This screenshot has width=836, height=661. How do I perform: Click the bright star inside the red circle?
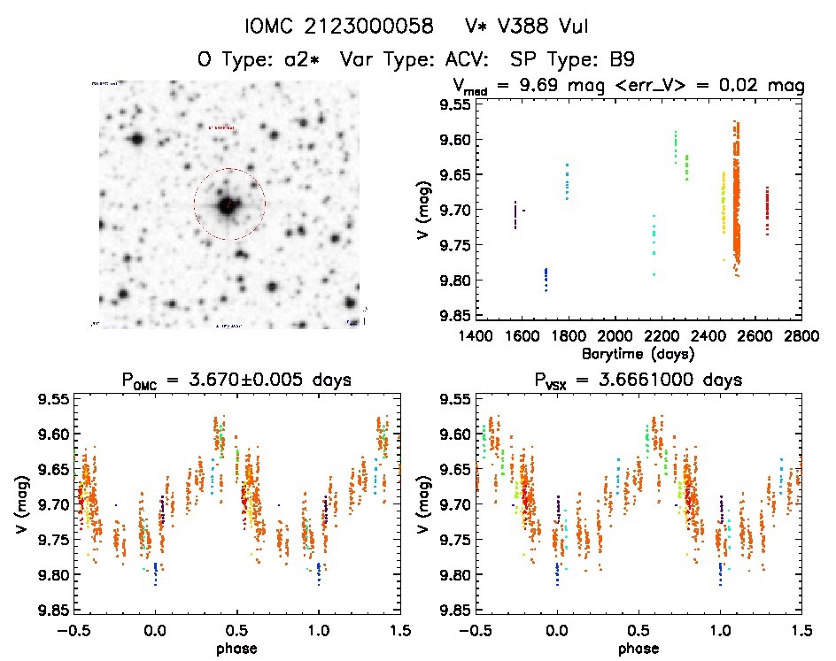tap(228, 205)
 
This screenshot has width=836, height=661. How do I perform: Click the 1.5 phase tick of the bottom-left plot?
tap(399, 631)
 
